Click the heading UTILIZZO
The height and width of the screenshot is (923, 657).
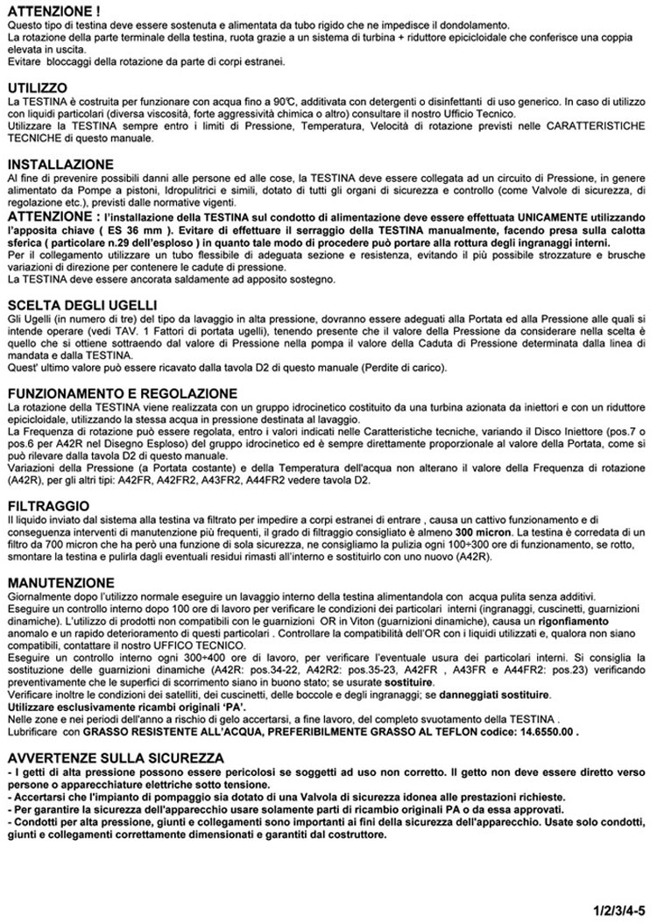(37, 88)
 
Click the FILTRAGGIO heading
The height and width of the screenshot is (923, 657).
(47, 506)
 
